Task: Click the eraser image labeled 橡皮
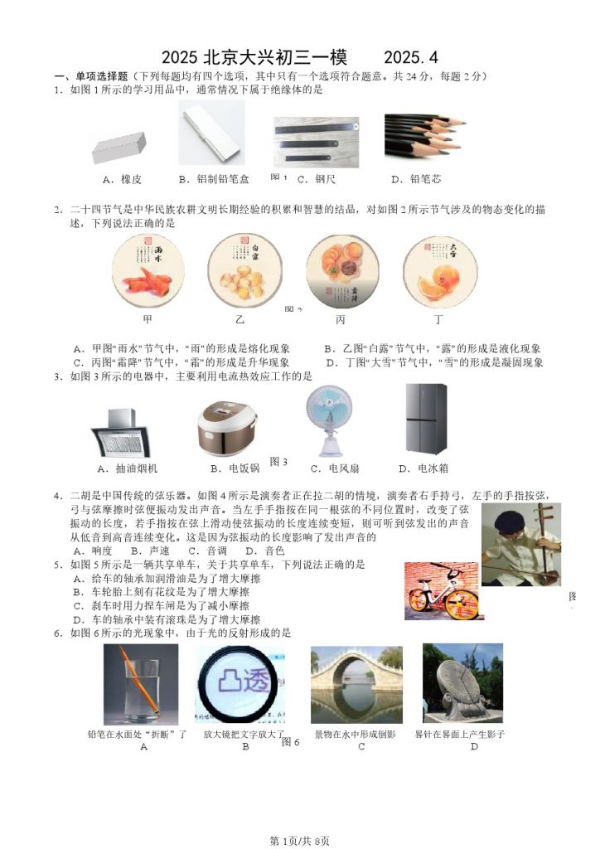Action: tap(119, 148)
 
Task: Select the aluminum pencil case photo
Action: tap(211, 133)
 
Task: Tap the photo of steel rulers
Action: tap(316, 142)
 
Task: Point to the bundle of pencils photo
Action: tap(423, 135)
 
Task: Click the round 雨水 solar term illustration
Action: tap(149, 272)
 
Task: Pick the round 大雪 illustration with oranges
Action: tap(440, 272)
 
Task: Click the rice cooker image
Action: tap(228, 428)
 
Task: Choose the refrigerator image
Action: tap(426, 419)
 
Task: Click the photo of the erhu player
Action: tap(521, 544)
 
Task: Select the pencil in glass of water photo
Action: tap(141, 684)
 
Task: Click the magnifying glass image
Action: tap(241, 684)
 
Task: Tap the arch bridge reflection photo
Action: tap(356, 685)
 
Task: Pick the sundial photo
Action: tap(463, 683)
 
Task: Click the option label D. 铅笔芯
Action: tap(416, 179)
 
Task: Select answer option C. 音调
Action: tap(208, 551)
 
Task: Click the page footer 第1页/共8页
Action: tap(299, 841)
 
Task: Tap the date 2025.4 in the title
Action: tap(411, 57)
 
